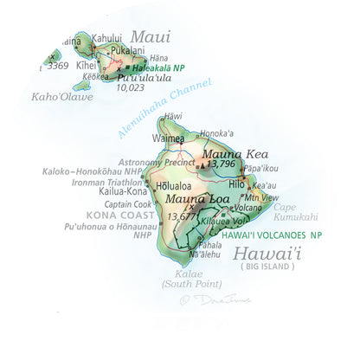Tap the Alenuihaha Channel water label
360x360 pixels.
coord(165,107)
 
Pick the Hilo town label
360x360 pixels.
coord(236,184)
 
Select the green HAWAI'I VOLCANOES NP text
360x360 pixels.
coord(271,235)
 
